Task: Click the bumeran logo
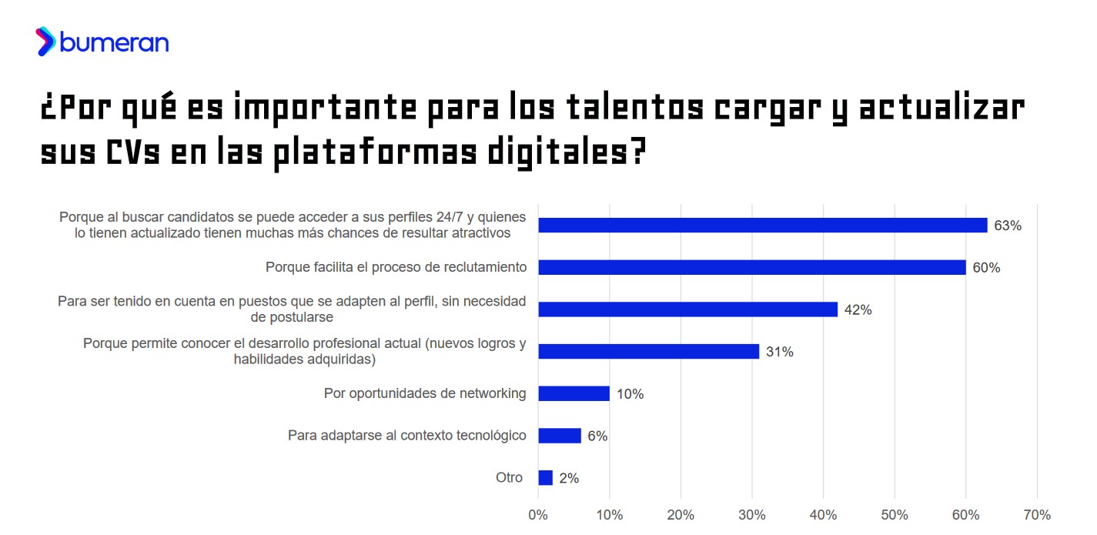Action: coord(102,42)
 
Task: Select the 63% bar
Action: coord(762,226)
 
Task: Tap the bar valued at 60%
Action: coord(751,267)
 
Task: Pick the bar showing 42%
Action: coord(687,309)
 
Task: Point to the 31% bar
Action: coord(648,351)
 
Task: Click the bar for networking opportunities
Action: coord(574,393)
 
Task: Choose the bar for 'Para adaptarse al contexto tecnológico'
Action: coord(560,436)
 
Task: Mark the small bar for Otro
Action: coord(545,478)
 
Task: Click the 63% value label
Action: coord(1007,226)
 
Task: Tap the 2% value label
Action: coord(569,478)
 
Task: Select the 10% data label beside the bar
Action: coord(630,394)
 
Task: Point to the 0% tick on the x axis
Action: coord(538,514)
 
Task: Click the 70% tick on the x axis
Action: coord(1037,514)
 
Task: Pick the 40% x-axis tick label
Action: coord(823,514)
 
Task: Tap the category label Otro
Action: coord(509,477)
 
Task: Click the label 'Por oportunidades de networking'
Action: coord(425,393)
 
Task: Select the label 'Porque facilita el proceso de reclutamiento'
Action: coord(396,267)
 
